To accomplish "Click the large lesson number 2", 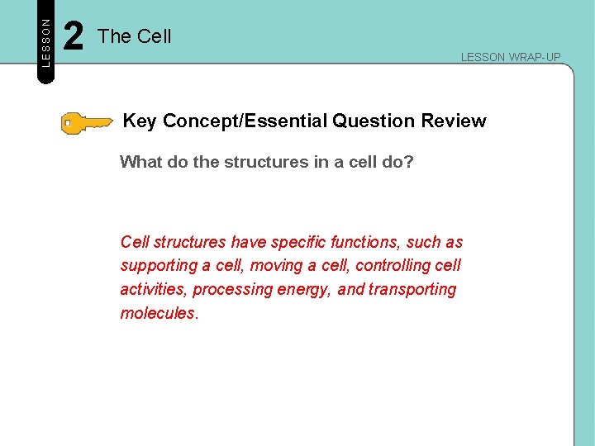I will click(74, 37).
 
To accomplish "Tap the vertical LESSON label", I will click(46, 42).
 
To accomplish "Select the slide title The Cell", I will click(134, 36).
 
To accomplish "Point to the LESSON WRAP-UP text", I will click(510, 57).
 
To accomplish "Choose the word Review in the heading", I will click(454, 121).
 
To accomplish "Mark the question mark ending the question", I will click(409, 162).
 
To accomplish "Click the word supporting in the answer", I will click(159, 266).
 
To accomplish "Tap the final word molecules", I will click(158, 314).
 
